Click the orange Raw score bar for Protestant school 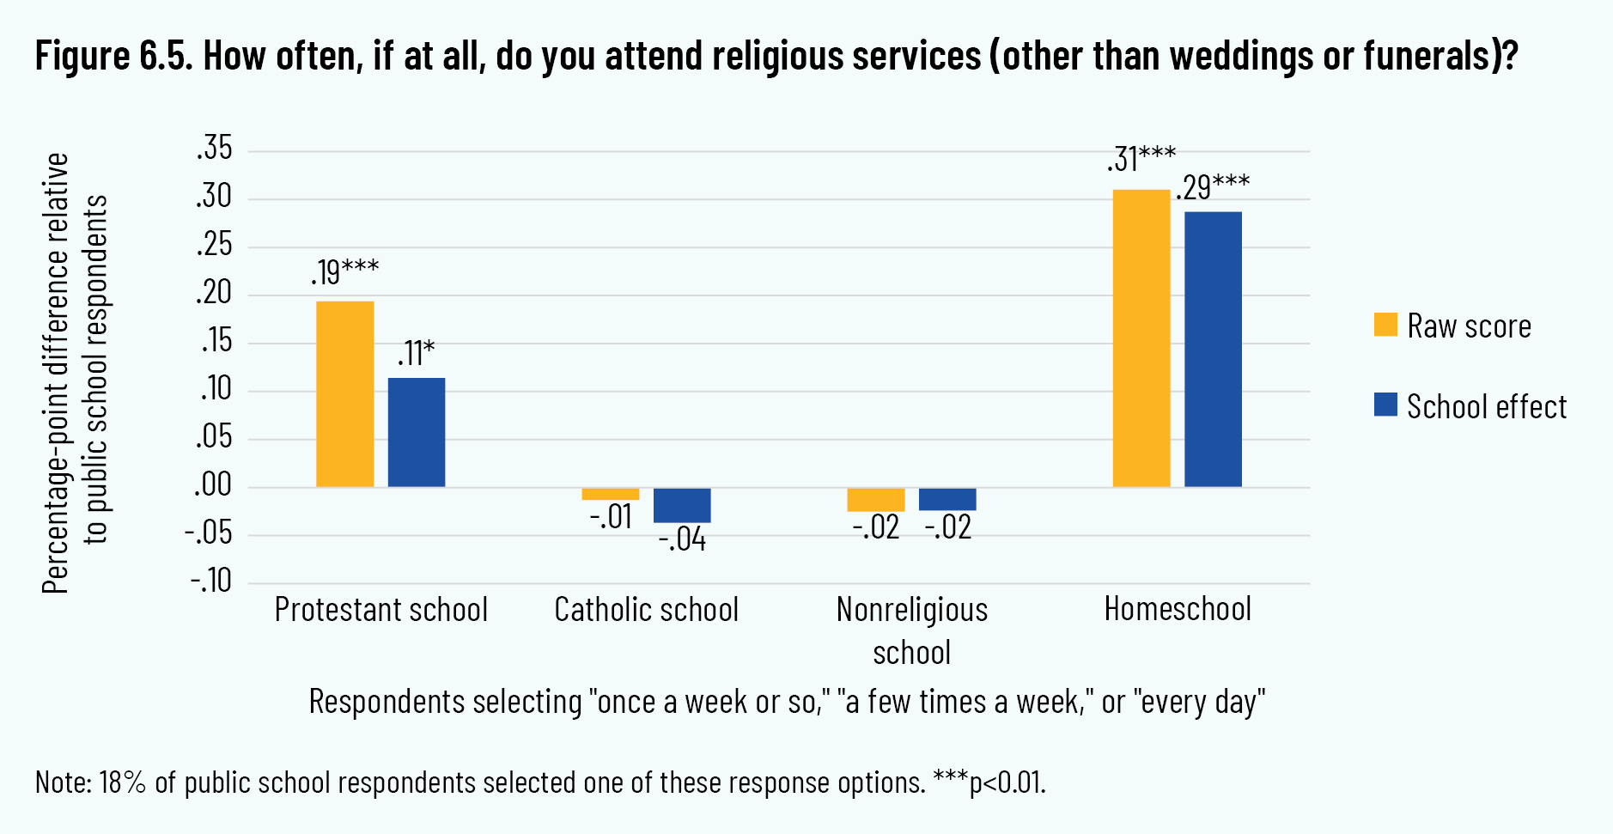pos(344,394)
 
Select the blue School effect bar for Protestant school pos(417,432)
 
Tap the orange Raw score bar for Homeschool pos(1141,338)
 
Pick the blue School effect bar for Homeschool pos(1213,350)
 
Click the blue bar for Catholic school pos(682,505)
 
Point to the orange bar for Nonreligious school pos(875,499)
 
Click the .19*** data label pos(344,271)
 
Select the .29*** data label pos(1213,186)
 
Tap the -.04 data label pos(682,539)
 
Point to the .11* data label pos(416,353)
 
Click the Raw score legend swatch pos(1385,325)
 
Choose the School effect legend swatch pos(1385,405)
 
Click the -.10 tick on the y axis pos(211,581)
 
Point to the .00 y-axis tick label pos(213,485)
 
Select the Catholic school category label pos(646,610)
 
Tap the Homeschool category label pos(1178,609)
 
